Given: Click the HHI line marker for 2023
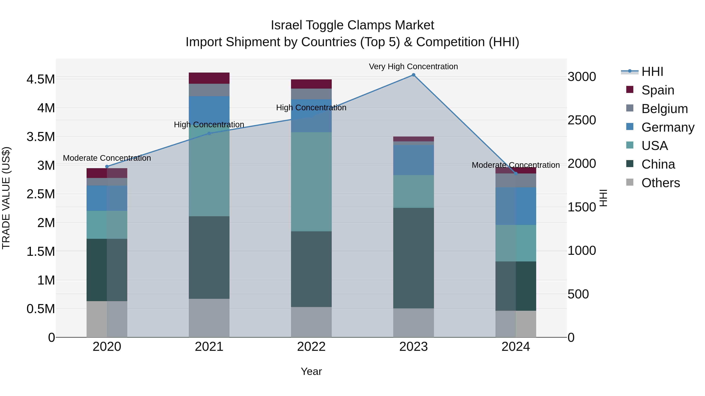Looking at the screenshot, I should (414, 75).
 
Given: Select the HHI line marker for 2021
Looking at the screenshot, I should (209, 133).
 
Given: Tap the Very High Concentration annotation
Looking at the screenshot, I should (413, 66).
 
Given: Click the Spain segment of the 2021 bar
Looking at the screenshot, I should (209, 78).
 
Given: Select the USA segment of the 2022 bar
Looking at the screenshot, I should (311, 182).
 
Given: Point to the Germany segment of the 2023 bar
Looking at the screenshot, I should (414, 160).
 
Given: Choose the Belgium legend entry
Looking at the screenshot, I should (664, 109).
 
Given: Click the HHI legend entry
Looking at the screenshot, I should (652, 72).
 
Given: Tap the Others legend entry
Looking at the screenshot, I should (660, 183).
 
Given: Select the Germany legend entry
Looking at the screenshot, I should (668, 127).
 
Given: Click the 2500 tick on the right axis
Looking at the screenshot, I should (582, 120).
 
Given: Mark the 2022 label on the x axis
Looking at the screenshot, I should (311, 347).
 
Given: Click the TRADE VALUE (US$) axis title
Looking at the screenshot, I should (6, 198).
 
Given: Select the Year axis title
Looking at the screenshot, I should (311, 371).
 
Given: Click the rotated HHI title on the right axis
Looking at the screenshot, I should (603, 198).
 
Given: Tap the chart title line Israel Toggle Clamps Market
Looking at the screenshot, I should (352, 25).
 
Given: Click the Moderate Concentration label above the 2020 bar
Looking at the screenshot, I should (107, 158).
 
